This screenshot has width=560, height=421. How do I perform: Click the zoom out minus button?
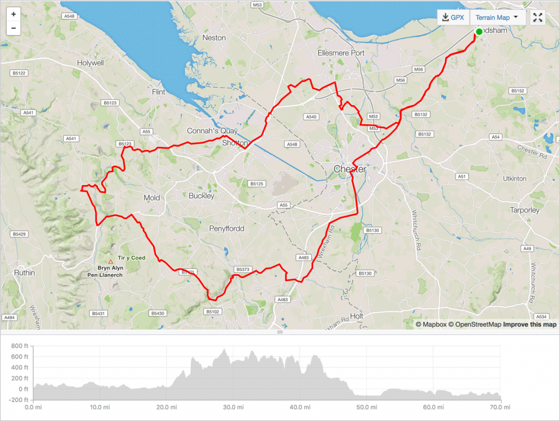point(13,28)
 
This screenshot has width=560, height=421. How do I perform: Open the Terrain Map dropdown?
point(497,18)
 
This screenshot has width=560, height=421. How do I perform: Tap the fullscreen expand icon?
point(538,18)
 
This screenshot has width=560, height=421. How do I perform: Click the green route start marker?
point(479,32)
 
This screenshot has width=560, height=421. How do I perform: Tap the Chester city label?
point(349,169)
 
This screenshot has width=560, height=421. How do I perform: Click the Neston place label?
point(214,38)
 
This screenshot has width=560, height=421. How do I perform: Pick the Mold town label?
point(151,198)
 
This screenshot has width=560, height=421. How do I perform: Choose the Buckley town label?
point(201,195)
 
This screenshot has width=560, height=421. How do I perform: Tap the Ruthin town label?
point(25,273)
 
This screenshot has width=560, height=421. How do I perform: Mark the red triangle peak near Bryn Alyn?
point(110,262)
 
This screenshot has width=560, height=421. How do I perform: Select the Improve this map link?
point(529,325)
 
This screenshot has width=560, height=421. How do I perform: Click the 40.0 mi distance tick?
point(296,407)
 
